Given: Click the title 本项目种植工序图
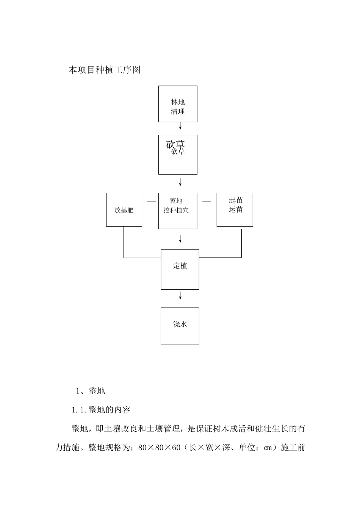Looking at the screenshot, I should point(105,70).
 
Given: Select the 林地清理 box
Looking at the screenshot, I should point(178,104).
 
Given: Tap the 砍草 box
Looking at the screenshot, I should point(178,155).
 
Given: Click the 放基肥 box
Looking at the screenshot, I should point(124,210).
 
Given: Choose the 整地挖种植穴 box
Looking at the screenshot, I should point(178,211).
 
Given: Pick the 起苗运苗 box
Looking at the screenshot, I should point(235,209).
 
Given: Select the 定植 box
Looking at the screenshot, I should point(180,269).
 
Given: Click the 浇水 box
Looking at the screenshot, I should point(180,326).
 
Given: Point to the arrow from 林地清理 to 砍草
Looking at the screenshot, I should point(180,126).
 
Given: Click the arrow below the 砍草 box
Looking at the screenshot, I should point(180,182).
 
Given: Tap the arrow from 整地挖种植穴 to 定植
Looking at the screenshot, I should point(180,239).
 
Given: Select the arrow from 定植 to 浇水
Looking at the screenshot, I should point(180,295).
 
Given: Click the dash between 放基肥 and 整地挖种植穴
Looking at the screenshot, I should point(151,201).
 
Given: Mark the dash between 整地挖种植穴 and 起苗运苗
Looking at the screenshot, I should point(206,201).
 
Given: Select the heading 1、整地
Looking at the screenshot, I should point(91,391).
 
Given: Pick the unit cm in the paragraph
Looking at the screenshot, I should point(268,448).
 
